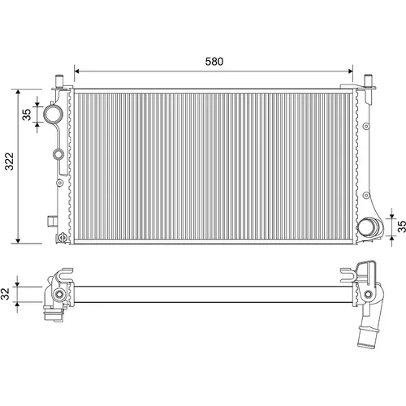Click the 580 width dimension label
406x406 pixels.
point(214,62)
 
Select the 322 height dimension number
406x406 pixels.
point(10,162)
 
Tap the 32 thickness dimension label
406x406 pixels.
point(6,294)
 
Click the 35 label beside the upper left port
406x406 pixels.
point(27,114)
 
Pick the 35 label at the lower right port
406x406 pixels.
point(402,227)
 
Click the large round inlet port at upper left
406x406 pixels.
point(54,114)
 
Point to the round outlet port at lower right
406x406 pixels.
point(369,227)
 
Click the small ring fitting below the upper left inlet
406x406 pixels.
point(58,154)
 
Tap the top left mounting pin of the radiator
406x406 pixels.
point(59,81)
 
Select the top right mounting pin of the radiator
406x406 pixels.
point(369,81)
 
